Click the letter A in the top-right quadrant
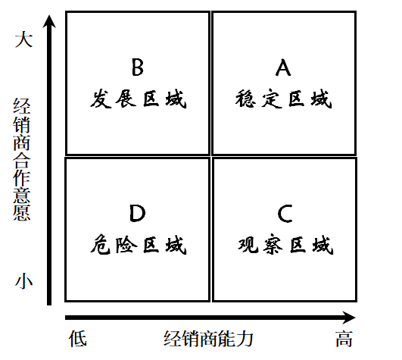click(x=283, y=67)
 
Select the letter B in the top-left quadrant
click(x=138, y=67)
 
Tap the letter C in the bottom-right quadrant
click(x=285, y=214)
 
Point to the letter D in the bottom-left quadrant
click(x=138, y=213)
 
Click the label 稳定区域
click(x=284, y=99)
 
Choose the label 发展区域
click(x=139, y=99)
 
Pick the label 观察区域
click(x=285, y=245)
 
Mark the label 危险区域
click(x=139, y=245)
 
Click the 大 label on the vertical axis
click(x=23, y=39)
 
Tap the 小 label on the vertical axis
click(x=23, y=280)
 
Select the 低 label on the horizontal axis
click(x=78, y=339)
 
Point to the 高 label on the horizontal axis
click(x=344, y=339)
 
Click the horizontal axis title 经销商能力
click(x=208, y=339)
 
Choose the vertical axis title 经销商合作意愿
click(x=22, y=159)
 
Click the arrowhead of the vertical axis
click(x=49, y=21)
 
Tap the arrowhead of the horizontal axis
click(x=349, y=318)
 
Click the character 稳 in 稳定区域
click(x=245, y=99)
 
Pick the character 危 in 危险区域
click(x=101, y=245)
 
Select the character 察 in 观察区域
click(x=273, y=245)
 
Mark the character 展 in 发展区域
click(x=126, y=99)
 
